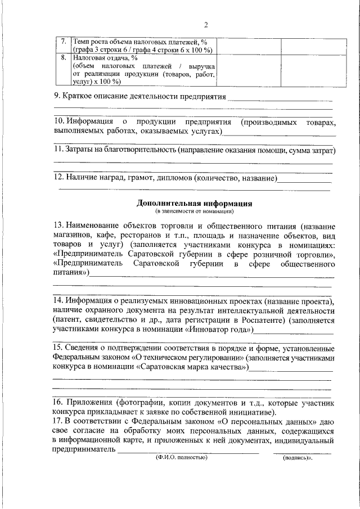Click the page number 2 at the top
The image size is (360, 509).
206,24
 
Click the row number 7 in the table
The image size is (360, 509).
64,42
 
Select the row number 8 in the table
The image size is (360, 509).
64,57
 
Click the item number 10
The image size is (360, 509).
58,122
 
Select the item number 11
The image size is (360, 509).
58,151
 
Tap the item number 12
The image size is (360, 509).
58,178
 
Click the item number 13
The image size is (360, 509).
58,226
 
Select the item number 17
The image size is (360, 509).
58,421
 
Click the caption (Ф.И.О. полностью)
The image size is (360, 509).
182,458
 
